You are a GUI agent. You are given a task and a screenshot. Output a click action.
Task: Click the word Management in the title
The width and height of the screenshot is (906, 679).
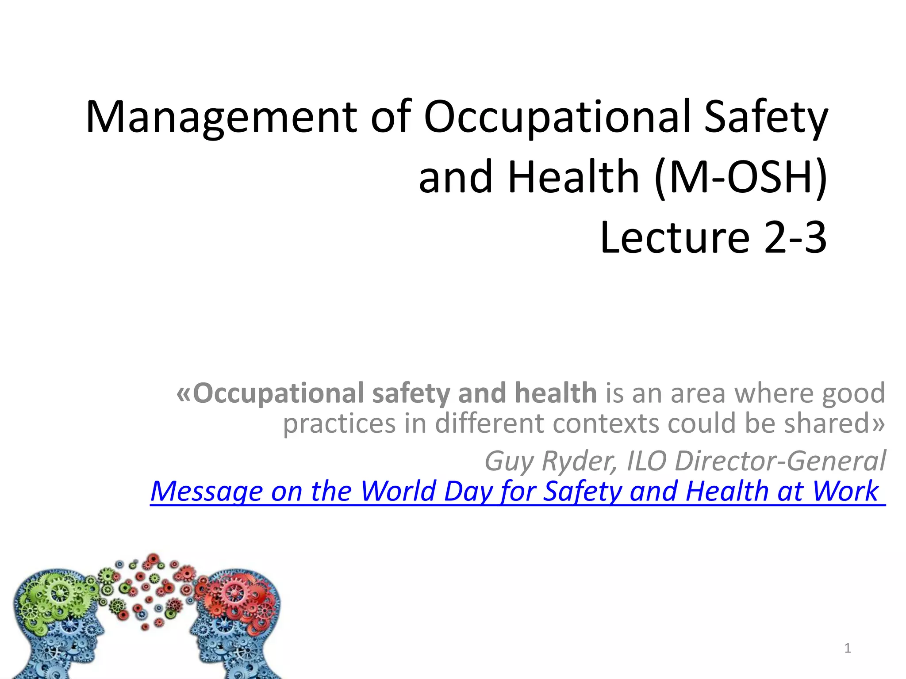coord(221,117)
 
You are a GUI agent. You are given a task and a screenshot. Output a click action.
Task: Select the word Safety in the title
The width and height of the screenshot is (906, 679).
coord(765,117)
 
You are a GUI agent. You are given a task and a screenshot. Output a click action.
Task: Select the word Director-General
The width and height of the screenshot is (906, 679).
coord(780,461)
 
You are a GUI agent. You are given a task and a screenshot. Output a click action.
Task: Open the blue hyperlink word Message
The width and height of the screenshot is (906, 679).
coord(206,491)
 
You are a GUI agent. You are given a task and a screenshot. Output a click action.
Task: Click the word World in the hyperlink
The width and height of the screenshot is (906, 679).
coord(398,491)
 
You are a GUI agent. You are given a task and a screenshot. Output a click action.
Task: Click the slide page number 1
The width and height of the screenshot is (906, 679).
coord(848,648)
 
